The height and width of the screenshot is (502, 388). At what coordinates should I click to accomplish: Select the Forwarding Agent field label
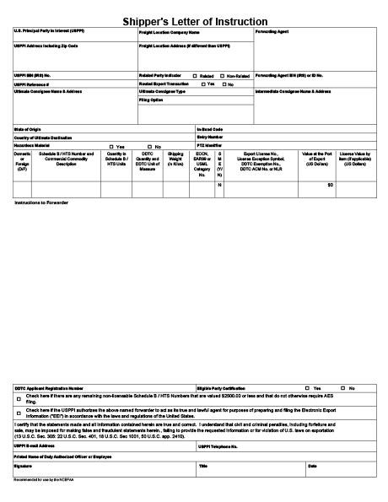(x=272, y=31)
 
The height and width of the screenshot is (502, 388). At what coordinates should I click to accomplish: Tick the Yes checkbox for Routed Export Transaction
(x=203, y=84)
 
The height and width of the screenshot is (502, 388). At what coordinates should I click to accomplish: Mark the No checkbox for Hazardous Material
(x=149, y=147)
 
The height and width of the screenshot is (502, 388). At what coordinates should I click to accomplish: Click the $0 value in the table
(x=330, y=184)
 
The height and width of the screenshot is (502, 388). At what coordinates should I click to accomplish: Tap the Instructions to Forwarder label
(x=41, y=204)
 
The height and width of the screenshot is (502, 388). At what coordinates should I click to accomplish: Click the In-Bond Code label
(x=209, y=128)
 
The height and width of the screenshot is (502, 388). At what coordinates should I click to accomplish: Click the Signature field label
(x=23, y=465)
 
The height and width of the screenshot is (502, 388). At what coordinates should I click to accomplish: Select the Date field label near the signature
(x=313, y=465)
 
